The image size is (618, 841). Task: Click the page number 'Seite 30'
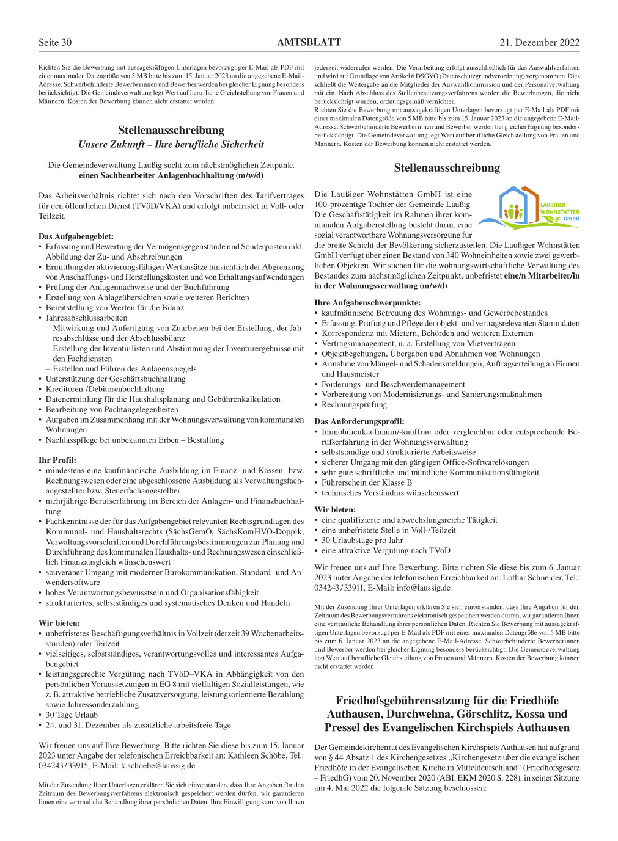[55, 43]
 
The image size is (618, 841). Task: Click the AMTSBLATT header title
[309, 43]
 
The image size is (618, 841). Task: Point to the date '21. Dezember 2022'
[539, 43]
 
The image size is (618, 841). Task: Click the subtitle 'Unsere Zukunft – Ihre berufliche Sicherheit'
[171, 145]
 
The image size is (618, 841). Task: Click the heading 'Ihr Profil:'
[57, 461]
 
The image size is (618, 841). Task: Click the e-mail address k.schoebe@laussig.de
[158, 766]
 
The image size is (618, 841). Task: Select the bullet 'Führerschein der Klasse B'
[367, 482]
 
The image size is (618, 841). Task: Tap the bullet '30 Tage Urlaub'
[72, 715]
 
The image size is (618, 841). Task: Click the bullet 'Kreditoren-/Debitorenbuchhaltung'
[105, 390]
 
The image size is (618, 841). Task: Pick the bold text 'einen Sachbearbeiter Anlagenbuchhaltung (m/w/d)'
[171, 175]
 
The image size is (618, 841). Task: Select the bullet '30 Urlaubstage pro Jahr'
[362, 541]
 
